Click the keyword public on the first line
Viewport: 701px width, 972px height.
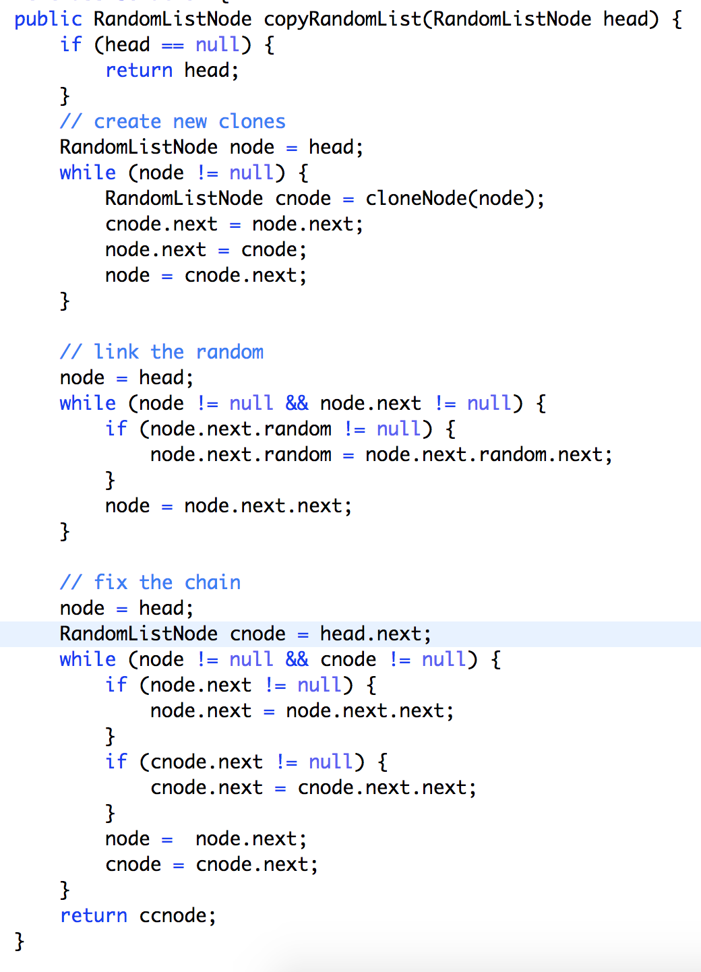(x=48, y=19)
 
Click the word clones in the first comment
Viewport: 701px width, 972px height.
(x=251, y=121)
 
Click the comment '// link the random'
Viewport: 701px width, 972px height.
(x=161, y=352)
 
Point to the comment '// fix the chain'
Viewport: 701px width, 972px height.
(x=150, y=582)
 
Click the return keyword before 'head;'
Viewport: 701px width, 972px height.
(x=139, y=70)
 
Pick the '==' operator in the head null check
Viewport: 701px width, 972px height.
(x=173, y=45)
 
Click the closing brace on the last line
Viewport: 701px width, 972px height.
(x=20, y=940)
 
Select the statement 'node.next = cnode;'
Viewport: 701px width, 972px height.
(x=206, y=249)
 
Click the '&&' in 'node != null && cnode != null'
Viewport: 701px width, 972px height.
(x=297, y=659)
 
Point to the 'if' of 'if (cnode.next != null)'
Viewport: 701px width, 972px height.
(x=116, y=762)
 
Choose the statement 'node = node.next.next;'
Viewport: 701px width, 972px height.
(x=228, y=506)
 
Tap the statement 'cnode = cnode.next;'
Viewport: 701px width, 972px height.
(x=211, y=864)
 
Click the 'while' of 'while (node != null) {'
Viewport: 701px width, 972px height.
(x=88, y=173)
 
